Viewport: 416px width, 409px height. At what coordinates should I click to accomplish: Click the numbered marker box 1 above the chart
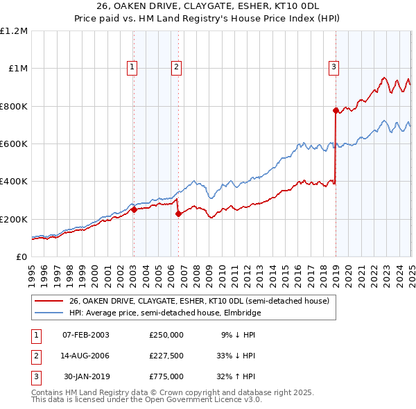[132, 67]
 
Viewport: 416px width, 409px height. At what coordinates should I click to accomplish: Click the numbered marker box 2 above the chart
[177, 67]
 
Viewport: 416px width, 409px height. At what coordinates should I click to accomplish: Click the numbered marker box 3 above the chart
[333, 67]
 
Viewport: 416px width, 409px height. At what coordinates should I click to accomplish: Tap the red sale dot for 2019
[336, 110]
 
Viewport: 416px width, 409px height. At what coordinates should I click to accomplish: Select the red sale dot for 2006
[178, 214]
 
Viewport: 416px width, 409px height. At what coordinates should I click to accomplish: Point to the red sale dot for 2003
[134, 209]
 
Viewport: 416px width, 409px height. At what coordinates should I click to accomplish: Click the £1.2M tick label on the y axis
[14, 31]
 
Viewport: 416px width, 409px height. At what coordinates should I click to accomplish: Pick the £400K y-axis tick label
[14, 182]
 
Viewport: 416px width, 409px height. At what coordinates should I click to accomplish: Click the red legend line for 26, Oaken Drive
[50, 301]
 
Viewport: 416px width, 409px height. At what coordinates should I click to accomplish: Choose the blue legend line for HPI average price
[50, 313]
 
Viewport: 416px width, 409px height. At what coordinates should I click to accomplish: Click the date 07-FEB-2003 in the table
[86, 335]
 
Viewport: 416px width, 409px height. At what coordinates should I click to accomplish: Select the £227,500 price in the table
[166, 356]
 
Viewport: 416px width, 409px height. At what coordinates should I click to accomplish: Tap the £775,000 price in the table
[166, 376]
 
